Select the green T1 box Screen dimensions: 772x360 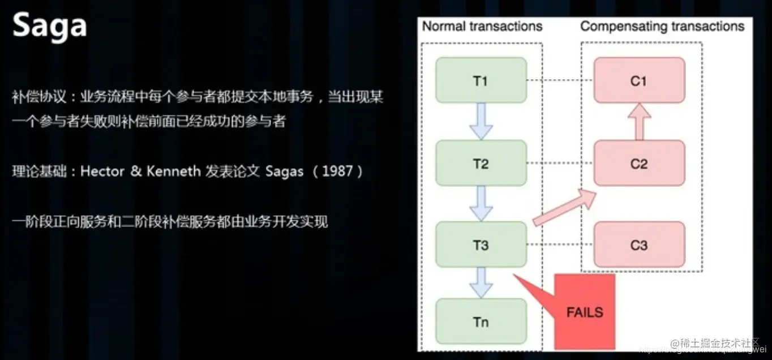(x=481, y=81)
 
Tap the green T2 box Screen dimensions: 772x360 (x=481, y=164)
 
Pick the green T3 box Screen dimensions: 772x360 (x=481, y=246)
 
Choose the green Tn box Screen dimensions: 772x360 (x=481, y=322)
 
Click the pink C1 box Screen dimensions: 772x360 (x=639, y=81)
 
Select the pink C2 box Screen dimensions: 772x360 (x=639, y=164)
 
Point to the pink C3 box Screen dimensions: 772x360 (x=639, y=246)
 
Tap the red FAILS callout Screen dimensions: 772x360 (x=585, y=312)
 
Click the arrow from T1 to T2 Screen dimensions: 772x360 (x=481, y=121)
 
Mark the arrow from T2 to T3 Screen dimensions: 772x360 (x=481, y=203)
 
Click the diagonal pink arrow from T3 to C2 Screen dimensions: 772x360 (x=565, y=208)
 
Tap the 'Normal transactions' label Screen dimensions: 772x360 (x=482, y=26)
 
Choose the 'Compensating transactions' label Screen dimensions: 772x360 (x=662, y=26)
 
